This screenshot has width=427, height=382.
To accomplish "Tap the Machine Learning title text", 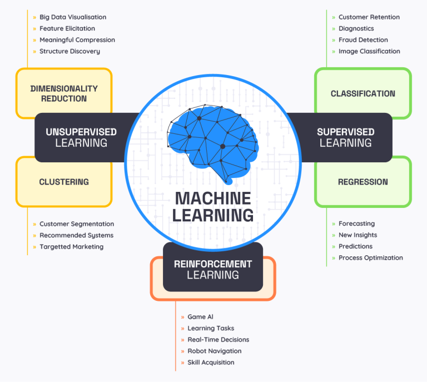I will click(213, 206).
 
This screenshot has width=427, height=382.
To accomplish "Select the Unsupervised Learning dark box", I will click(81, 137).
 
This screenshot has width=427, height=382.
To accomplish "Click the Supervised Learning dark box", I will click(345, 137).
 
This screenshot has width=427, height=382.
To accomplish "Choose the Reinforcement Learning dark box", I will click(213, 269).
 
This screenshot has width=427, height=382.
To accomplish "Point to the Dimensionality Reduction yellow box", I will click(64, 93).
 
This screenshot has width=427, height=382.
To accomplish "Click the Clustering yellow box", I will click(64, 182).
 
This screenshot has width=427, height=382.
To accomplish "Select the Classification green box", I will click(363, 93).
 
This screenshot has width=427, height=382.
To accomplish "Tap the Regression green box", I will click(363, 182).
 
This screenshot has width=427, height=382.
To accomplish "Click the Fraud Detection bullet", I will click(363, 40).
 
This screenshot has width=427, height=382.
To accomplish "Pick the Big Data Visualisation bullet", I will click(72, 17).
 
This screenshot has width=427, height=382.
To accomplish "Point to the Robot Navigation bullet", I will click(214, 351).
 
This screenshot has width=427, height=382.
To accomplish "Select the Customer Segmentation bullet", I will click(76, 224).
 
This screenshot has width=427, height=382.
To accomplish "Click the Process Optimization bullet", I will click(370, 258).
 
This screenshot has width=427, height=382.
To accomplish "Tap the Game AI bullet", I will click(200, 317).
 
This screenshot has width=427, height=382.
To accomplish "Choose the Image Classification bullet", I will click(369, 51).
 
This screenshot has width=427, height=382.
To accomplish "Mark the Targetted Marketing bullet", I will click(71, 247).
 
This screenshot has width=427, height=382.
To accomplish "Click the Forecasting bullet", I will click(356, 224).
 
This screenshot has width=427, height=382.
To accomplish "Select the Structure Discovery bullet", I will click(69, 51).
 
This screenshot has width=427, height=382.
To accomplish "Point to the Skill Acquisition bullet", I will click(211, 363).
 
